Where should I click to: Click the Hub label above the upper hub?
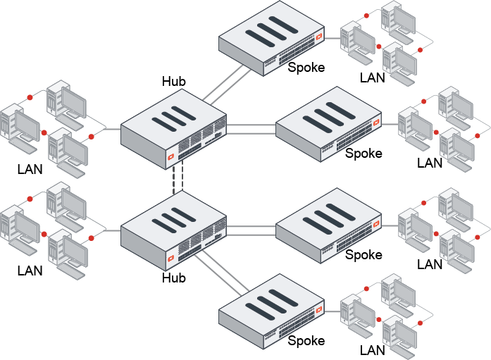pos(174,82)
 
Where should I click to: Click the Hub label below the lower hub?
pos(174,278)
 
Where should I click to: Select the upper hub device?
pos(174,131)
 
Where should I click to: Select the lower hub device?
pos(174,232)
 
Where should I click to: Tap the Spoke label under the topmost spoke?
pos(306,68)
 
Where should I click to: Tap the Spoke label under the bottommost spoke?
pos(306,341)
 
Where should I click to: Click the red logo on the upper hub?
pos(171,156)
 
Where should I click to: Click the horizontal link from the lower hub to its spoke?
pos(250,229)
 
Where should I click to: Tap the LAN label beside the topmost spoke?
pos(373,77)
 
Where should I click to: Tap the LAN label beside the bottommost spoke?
pos(373,349)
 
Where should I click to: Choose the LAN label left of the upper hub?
pos(30,169)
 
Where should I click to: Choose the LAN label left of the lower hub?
pos(30,271)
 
